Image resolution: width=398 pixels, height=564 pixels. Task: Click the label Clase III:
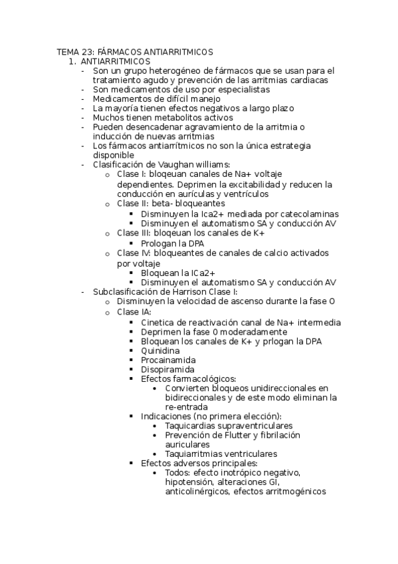(135, 233)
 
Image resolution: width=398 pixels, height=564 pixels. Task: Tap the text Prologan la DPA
(172, 243)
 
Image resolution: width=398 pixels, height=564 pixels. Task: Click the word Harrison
(188, 291)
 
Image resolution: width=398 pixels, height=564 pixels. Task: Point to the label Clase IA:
(134, 311)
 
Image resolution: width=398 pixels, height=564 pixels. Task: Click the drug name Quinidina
(160, 350)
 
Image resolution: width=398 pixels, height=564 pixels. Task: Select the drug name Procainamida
(167, 359)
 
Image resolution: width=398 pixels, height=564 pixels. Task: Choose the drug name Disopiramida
(167, 369)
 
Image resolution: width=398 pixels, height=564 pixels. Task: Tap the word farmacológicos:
(199, 378)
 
